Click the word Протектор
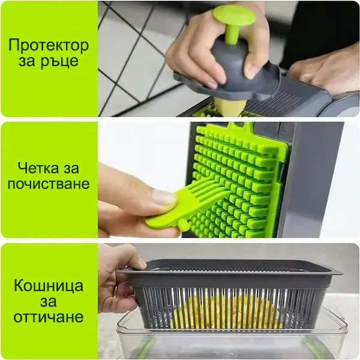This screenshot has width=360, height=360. coord(49,45)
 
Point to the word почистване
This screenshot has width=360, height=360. coord(49,184)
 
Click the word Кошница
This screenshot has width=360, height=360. coord(49,286)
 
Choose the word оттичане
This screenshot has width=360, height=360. coord(49,317)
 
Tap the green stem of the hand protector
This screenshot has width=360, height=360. coord(230,34)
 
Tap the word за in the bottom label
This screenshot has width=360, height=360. coord(49,302)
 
